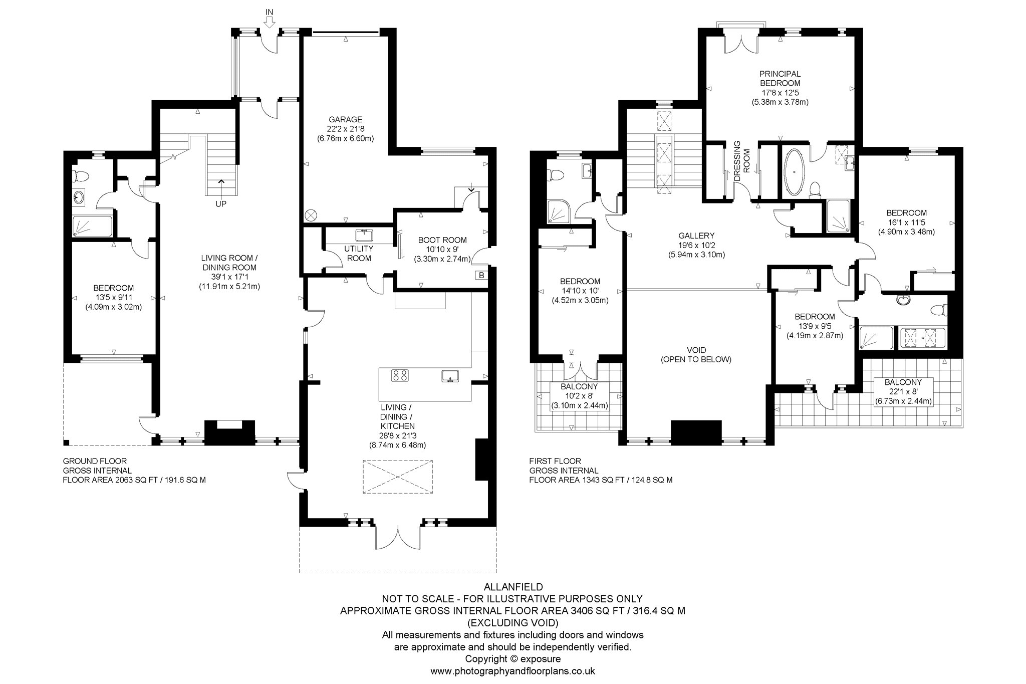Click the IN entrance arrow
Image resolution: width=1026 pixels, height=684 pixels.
pyautogui.click(x=269, y=22)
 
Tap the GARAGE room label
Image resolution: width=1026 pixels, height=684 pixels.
pyautogui.click(x=345, y=119)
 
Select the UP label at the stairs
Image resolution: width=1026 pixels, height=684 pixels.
pyautogui.click(x=220, y=204)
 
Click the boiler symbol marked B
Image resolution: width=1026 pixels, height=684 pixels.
pyautogui.click(x=481, y=275)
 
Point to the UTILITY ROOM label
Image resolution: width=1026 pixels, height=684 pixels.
pyautogui.click(x=359, y=254)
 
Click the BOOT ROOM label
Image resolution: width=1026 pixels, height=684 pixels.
pyautogui.click(x=442, y=240)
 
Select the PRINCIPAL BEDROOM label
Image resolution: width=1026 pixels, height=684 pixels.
pyautogui.click(x=780, y=79)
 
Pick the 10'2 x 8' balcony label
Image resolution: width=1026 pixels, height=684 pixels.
pyautogui.click(x=579, y=396)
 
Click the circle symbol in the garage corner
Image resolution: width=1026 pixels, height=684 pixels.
pyautogui.click(x=311, y=215)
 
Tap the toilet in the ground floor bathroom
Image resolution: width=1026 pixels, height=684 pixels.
pyautogui.click(x=80, y=176)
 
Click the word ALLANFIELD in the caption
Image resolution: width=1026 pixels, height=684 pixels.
pyautogui.click(x=512, y=586)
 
